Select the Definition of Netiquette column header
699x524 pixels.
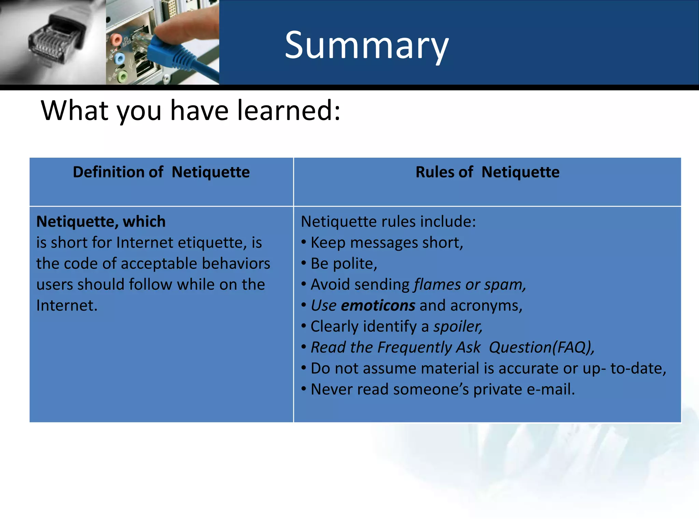(x=161, y=172)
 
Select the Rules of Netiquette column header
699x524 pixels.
(x=487, y=172)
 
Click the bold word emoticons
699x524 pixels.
(x=378, y=305)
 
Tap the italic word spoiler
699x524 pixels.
(x=457, y=326)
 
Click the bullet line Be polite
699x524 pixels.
(x=343, y=264)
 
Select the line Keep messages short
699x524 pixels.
(x=386, y=243)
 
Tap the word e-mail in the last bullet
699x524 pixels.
(x=550, y=390)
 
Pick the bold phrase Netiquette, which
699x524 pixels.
(x=101, y=222)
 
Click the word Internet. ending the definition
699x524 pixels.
(x=67, y=306)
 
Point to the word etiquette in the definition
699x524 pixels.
(x=212, y=243)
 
